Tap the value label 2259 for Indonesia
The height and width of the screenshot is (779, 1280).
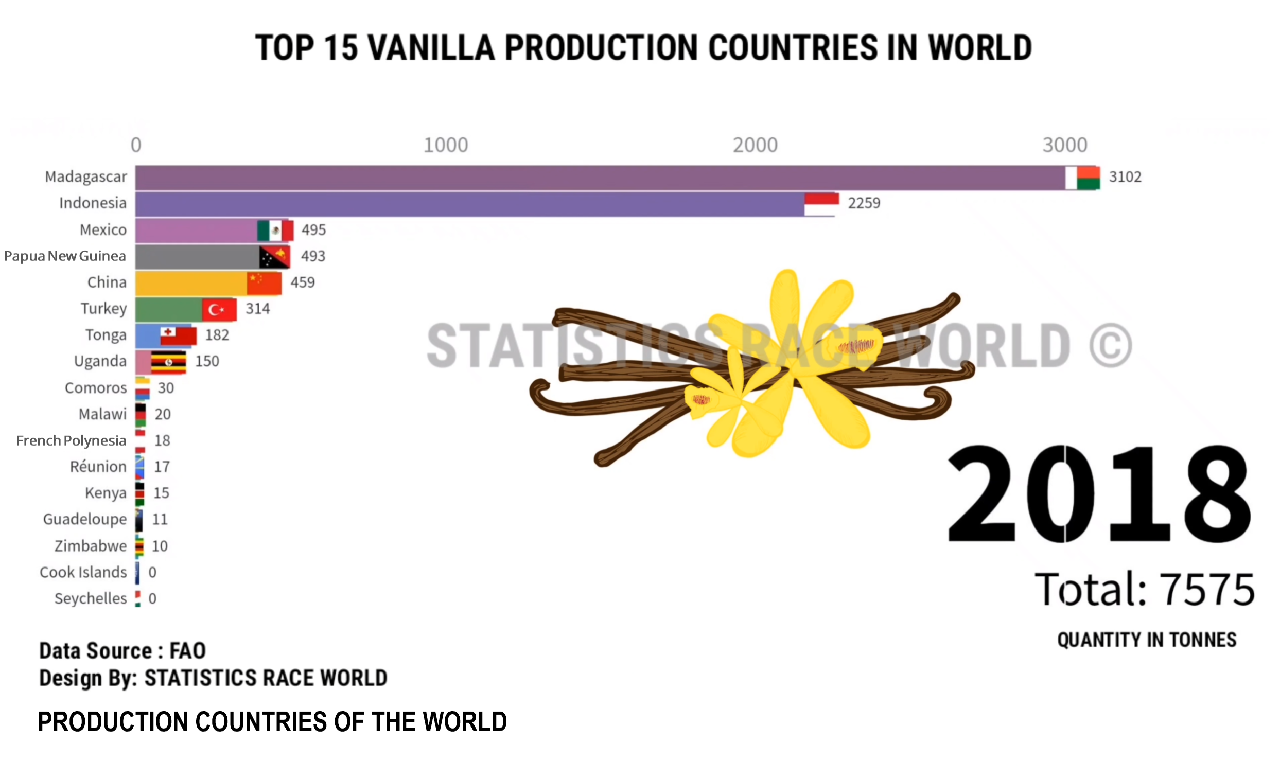(x=864, y=203)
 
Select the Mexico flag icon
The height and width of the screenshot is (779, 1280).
(x=275, y=231)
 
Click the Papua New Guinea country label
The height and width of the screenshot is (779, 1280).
(x=65, y=256)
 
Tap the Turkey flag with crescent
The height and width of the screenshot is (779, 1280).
(x=219, y=310)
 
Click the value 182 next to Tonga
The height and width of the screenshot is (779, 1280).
(x=217, y=335)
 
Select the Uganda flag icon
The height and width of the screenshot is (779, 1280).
(x=168, y=362)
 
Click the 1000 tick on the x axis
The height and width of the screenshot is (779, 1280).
(x=446, y=145)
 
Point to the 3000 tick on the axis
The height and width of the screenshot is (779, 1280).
(x=1065, y=145)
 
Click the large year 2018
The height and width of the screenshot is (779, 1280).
(x=1099, y=494)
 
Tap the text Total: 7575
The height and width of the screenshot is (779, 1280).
(x=1145, y=590)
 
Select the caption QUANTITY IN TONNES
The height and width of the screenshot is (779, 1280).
(x=1147, y=640)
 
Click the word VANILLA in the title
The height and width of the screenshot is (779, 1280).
(x=431, y=48)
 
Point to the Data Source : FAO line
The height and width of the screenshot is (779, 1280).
(x=122, y=651)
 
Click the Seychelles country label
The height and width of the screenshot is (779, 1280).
(x=91, y=599)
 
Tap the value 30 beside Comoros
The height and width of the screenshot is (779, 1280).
(x=166, y=388)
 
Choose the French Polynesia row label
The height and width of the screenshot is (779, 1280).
(x=71, y=441)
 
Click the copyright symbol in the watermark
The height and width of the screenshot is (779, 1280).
(x=1111, y=346)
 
